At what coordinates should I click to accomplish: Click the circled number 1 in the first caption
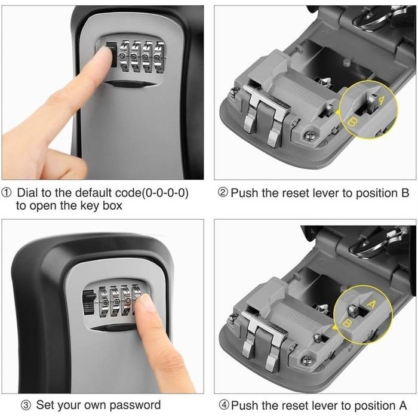[x=7, y=193]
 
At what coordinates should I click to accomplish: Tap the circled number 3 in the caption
[x=24, y=405]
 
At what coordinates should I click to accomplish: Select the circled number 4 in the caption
[x=223, y=405]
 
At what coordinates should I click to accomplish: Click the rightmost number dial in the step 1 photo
[x=160, y=56]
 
